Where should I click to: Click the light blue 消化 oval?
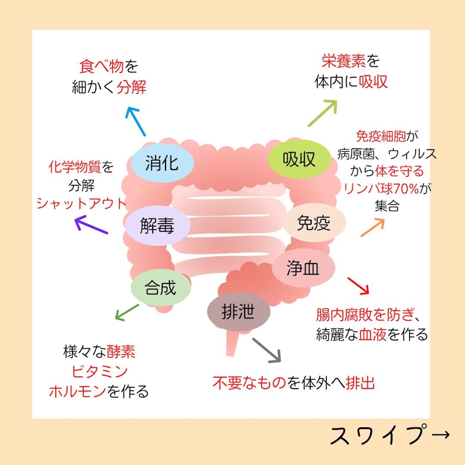click(x=162, y=163)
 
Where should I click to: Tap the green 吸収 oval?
click(x=299, y=160)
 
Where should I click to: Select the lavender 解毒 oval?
click(x=157, y=226)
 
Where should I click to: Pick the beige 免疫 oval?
click(x=314, y=224)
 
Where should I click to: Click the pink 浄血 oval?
click(x=303, y=268)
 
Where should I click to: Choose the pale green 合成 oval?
click(x=161, y=287)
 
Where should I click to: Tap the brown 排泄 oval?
click(x=238, y=313)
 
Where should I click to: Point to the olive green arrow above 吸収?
click(x=322, y=113)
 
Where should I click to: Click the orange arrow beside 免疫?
click(x=373, y=227)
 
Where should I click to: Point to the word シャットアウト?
click(x=81, y=203)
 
